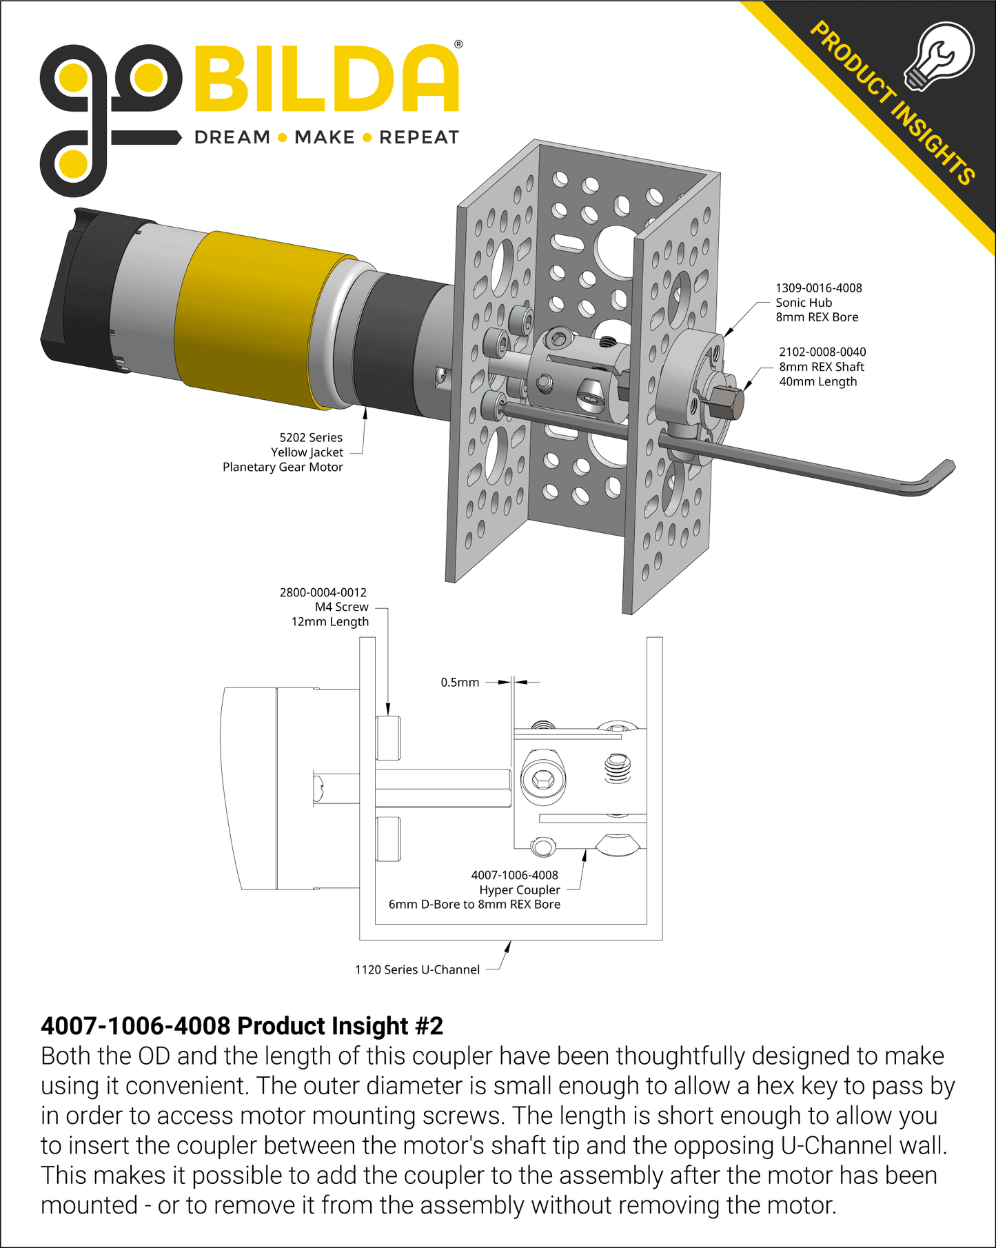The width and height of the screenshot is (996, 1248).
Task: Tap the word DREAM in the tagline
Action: click(x=232, y=137)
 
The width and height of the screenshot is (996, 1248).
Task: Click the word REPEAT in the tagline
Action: click(x=419, y=137)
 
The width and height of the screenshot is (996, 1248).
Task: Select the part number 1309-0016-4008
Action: click(x=818, y=288)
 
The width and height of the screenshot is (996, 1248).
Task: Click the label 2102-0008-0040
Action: click(x=822, y=352)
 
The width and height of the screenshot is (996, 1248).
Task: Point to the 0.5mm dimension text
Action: click(x=460, y=683)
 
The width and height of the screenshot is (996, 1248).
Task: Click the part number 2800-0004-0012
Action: click(x=323, y=592)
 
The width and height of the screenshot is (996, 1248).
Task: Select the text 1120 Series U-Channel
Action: click(x=417, y=969)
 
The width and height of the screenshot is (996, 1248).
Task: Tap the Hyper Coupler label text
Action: click(x=520, y=890)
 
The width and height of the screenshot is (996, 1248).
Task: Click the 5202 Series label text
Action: click(x=311, y=438)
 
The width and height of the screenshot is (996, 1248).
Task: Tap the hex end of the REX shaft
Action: click(x=728, y=403)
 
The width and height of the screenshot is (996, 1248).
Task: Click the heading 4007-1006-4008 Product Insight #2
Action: click(x=242, y=1026)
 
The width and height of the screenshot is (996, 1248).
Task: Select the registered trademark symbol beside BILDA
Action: click(x=458, y=45)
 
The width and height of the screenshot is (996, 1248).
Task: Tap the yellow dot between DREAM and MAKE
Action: click(x=282, y=138)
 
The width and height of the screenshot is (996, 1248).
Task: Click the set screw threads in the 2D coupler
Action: click(x=618, y=768)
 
